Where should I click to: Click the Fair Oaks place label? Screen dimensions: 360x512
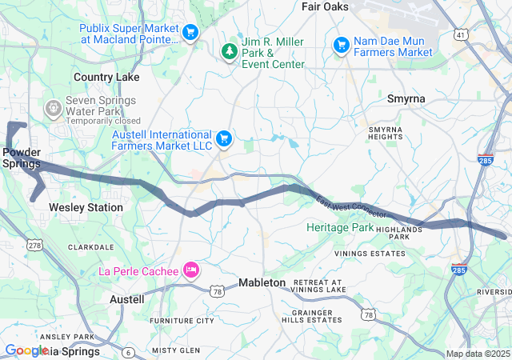coord(326,6)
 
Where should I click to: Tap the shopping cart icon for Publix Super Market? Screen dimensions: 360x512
coord(190,33)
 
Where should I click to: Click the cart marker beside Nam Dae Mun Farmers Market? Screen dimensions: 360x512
coord(341,46)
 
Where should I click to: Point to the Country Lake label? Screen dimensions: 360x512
coord(106,78)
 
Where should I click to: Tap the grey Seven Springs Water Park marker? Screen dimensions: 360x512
coord(53,106)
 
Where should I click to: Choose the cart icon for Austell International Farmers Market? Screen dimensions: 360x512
coord(223,139)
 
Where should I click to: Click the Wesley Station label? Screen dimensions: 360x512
coord(86,207)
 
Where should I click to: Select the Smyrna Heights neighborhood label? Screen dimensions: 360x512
coord(386,133)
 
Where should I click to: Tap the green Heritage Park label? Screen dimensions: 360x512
coord(340,228)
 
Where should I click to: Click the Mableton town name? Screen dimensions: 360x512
coord(262,283)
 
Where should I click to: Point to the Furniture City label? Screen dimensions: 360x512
coord(182,321)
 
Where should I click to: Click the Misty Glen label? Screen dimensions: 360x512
coord(176,350)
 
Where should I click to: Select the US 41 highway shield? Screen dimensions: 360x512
coord(460,35)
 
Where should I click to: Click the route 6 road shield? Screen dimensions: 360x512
coord(128,352)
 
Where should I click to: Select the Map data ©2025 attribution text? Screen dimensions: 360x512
coord(477,354)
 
